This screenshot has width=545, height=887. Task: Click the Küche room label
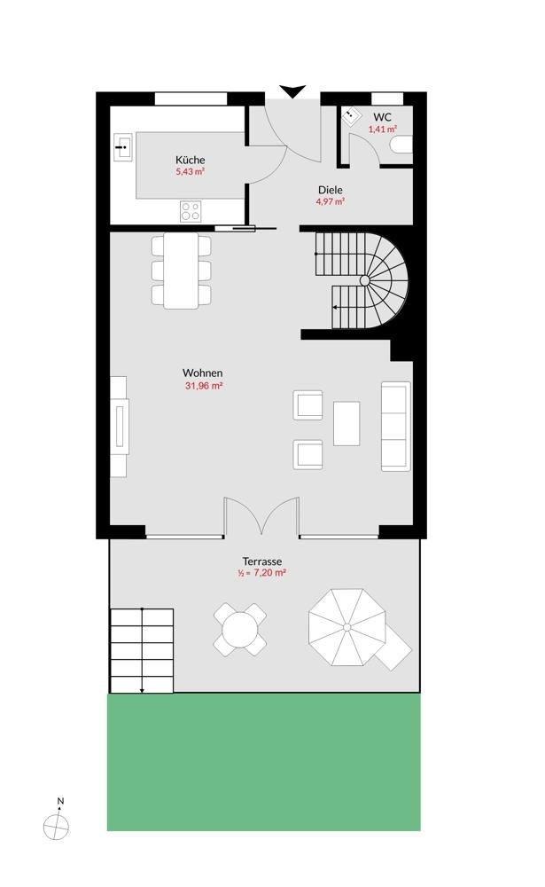click(190, 160)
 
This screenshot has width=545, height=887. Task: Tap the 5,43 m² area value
click(190, 171)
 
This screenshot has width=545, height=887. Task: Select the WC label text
click(382, 118)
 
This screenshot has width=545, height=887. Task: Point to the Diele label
click(331, 190)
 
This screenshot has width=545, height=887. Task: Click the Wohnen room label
click(202, 373)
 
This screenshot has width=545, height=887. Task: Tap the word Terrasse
click(262, 561)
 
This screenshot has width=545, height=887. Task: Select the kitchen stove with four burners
click(191, 212)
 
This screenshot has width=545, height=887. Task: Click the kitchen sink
click(122, 147)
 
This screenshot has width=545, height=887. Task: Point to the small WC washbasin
click(353, 116)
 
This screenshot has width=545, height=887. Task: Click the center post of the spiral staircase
click(364, 280)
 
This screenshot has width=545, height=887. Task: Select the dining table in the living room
click(181, 271)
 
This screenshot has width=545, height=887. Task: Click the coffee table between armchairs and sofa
click(346, 424)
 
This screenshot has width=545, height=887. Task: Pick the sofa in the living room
click(396, 427)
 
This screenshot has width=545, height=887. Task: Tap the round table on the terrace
click(239, 630)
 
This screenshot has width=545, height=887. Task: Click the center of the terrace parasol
click(347, 627)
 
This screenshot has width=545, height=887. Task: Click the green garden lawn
click(264, 762)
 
